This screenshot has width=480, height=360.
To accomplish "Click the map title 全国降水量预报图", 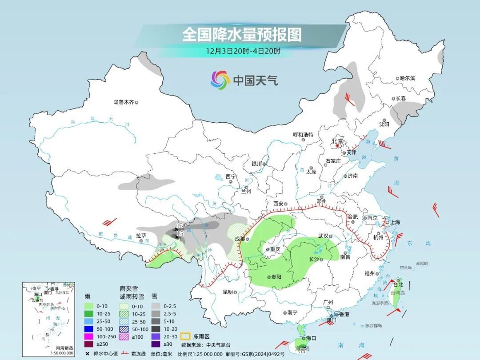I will tap(242, 34).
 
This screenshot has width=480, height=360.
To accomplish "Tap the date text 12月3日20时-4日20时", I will tap(243, 51).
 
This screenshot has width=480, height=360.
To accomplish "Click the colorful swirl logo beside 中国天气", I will tap(219, 80).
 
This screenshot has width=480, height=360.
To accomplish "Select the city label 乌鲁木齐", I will tap(123, 102).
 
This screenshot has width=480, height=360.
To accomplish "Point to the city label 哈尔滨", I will tap(407, 78).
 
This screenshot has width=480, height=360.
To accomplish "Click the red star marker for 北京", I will tap(338, 145).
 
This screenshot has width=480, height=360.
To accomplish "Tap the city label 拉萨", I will tap(141, 235).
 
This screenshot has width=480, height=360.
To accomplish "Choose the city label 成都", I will tap(240, 239).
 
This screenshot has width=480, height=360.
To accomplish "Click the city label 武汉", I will tap(323, 236).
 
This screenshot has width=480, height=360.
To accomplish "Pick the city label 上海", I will tap(394, 222).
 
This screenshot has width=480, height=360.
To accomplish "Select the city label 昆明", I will tap(228, 292).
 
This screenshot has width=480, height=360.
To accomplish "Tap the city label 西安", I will tap(278, 204).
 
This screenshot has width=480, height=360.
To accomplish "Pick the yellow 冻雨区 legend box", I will tap(185, 336).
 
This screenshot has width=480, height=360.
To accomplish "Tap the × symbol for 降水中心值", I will tap(87, 354).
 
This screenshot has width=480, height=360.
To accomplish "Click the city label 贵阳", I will tap(276, 277).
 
